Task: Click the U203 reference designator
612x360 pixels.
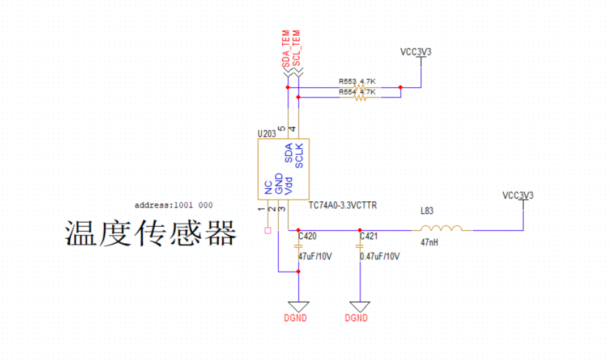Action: point(266,134)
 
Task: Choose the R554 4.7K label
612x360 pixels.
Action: point(356,92)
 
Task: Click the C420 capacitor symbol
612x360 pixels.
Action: point(298,247)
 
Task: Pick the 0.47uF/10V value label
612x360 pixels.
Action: point(380,256)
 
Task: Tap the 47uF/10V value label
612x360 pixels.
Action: point(315,256)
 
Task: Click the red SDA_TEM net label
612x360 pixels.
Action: point(287,49)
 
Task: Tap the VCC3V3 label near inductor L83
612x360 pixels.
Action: point(517,196)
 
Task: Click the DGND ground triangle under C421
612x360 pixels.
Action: point(360,306)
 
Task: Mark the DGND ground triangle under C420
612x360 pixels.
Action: point(298,306)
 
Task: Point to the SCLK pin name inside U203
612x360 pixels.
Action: point(300,156)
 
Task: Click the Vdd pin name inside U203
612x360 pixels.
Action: point(289,186)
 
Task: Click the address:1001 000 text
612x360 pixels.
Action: point(173,205)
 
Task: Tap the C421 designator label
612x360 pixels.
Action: point(369,236)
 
